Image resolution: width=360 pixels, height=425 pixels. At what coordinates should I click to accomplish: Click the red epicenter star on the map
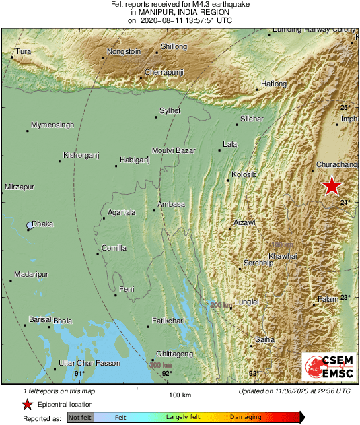pyautogui.click(x=331, y=186)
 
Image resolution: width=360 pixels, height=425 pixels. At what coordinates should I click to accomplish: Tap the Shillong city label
pyautogui.click(x=174, y=46)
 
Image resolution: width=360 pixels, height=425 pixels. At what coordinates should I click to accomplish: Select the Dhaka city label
pyautogui.click(x=43, y=224)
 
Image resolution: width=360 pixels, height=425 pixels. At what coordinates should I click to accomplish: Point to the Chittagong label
pyautogui.click(x=174, y=354)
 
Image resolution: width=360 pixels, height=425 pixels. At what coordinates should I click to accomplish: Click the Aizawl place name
pyautogui.click(x=244, y=222)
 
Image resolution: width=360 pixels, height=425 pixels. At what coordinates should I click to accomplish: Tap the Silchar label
pyautogui.click(x=252, y=119)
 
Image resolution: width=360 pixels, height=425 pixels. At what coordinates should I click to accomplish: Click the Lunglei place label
pyautogui.click(x=246, y=302)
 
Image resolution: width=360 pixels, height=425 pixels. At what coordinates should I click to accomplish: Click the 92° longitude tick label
pyautogui.click(x=167, y=373)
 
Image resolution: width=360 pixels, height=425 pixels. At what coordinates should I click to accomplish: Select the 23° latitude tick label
pyautogui.click(x=345, y=297)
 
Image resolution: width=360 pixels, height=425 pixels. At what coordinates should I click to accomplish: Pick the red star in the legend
pyautogui.click(x=27, y=405)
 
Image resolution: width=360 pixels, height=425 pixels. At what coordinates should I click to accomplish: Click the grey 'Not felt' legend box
pyautogui.click(x=79, y=418)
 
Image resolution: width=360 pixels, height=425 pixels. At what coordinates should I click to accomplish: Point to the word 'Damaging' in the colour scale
pyautogui.click(x=246, y=418)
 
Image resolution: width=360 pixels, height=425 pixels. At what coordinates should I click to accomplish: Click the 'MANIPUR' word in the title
pyautogui.click(x=170, y=11)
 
